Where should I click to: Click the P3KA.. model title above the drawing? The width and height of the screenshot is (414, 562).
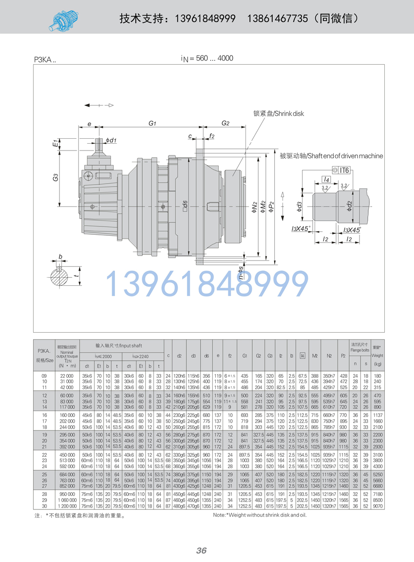coord(45,60)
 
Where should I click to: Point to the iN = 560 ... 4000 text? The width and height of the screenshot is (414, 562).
coord(207,58)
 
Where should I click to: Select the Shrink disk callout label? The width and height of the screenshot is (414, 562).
coord(278,113)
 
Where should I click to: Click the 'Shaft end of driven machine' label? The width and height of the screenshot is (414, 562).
coord(331,156)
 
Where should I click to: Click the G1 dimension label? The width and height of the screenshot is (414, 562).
coord(152,124)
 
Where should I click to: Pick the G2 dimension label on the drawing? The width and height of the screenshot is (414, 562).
coord(225,123)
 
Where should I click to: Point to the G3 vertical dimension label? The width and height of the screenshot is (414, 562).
coord(56,178)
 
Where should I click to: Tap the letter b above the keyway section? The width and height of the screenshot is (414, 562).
coord(60,256)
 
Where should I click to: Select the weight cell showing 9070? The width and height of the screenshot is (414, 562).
coord(377,506)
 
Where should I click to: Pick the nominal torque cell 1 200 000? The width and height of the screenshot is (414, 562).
coord(67,506)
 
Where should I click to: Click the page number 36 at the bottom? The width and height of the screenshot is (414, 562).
coord(201,550)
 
